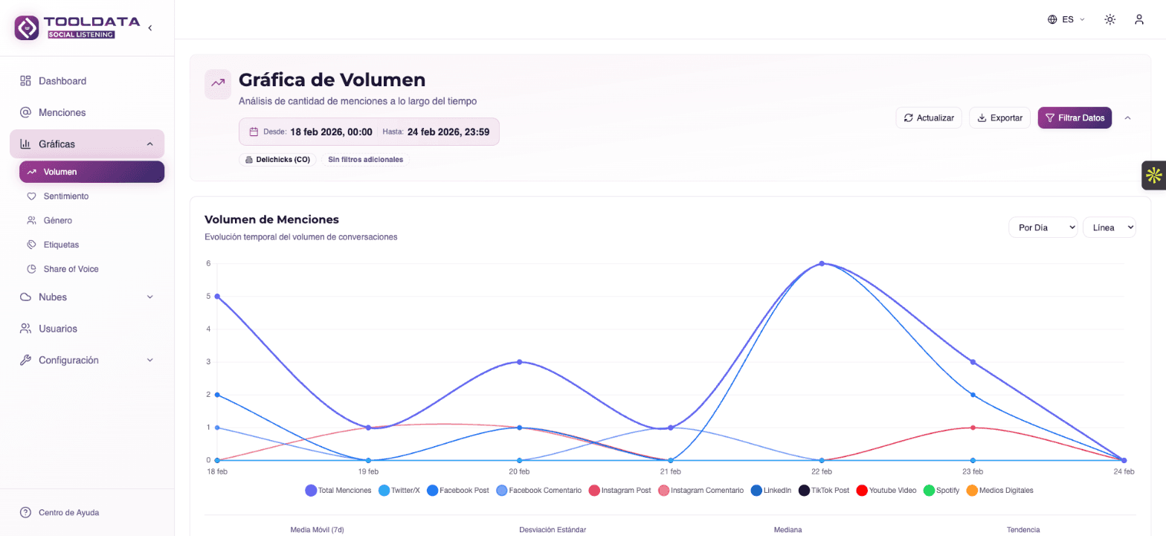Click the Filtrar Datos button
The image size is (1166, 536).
(1075, 117)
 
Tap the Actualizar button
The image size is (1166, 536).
(929, 117)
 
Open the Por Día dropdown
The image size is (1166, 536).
(1043, 227)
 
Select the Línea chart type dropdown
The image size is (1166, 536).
(1109, 227)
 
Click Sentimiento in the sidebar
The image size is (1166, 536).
(65, 196)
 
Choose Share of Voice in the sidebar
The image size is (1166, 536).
(71, 269)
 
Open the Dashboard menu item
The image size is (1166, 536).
(62, 81)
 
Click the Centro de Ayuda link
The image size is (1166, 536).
(68, 512)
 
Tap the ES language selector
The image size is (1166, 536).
(1066, 19)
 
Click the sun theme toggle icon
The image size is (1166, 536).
(1109, 19)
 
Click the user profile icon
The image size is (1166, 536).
(1138, 19)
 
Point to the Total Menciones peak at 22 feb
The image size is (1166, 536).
(822, 263)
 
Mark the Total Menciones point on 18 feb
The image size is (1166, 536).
(217, 296)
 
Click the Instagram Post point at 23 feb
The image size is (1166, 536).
(973, 427)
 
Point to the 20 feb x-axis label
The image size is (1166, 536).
(519, 472)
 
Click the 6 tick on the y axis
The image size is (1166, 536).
(208, 263)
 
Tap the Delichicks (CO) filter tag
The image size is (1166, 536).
(278, 160)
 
